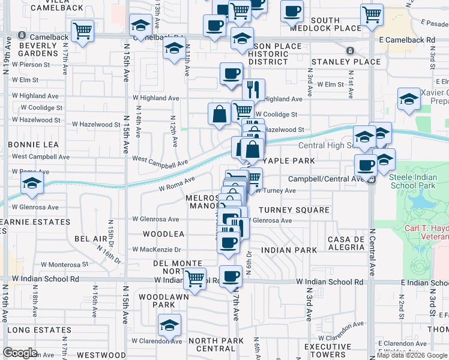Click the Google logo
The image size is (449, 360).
click(20, 353)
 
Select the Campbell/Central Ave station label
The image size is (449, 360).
click(325, 179)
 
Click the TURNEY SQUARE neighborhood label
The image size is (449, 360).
click(294, 210)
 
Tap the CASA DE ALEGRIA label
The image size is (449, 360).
click(346, 244)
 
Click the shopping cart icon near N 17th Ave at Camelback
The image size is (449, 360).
click(82, 29)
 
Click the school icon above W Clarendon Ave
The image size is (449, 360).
click(170, 325)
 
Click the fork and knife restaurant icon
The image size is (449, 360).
click(253, 89)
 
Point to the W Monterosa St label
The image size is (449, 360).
click(64, 264)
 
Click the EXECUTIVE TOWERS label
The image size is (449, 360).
click(328, 351)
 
